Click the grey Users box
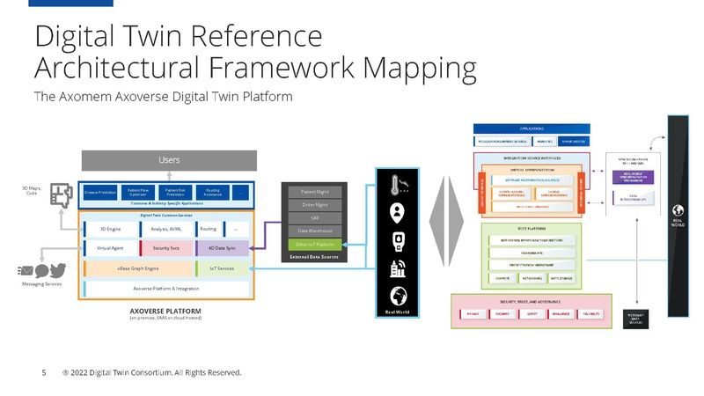(169, 159)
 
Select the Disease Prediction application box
(99, 190)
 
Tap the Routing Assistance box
(212, 190)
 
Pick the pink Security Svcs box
(166, 248)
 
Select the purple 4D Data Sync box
(223, 248)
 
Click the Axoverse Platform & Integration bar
(166, 288)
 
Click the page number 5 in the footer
(43, 372)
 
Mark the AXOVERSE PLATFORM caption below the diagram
(166, 311)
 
